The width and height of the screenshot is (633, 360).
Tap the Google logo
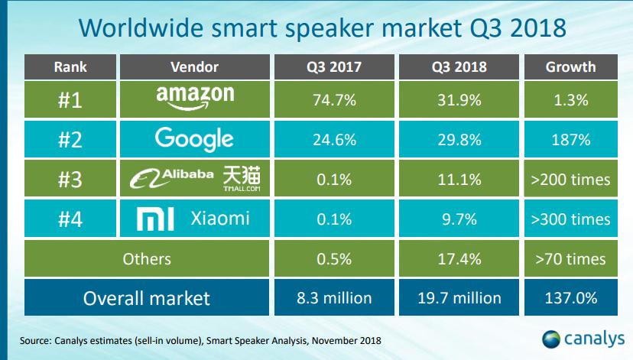tap(193, 139)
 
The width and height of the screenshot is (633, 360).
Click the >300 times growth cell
tap(570, 219)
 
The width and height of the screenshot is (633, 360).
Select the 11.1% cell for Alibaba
tap(458, 179)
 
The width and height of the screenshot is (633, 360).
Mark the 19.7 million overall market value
tap(458, 298)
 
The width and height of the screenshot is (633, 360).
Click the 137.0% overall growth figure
tap(570, 298)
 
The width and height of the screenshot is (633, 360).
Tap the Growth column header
tap(570, 66)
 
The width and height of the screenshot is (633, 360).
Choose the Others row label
tap(146, 259)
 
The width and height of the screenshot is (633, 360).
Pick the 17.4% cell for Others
tap(458, 259)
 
